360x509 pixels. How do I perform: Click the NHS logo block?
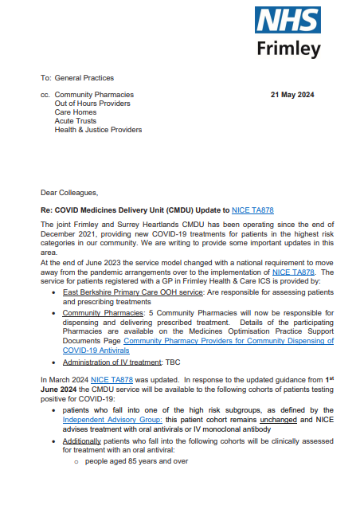[288, 21]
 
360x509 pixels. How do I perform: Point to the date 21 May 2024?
[292, 95]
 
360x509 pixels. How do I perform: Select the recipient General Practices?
[84, 78]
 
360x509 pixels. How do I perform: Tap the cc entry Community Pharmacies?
[94, 95]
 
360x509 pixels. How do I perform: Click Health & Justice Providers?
[98, 130]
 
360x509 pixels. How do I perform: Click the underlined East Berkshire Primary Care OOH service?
[127, 293]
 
